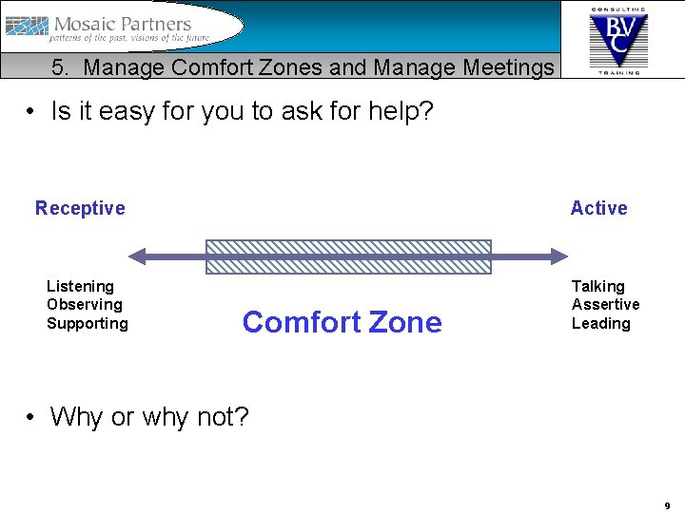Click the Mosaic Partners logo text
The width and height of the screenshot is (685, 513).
point(122,24)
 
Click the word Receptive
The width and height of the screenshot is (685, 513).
point(80,208)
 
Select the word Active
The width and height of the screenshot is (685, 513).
point(598,208)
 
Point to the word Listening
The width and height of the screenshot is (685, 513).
point(80,286)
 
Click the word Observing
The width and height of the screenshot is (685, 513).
point(85,305)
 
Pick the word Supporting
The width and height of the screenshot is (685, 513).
point(87,323)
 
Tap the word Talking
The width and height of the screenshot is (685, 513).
point(597,286)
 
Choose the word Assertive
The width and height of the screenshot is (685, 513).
point(605,305)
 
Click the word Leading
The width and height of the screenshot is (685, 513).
point(600,323)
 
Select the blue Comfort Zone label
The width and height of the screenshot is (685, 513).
point(342,323)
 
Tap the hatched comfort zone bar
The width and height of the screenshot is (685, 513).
point(348,256)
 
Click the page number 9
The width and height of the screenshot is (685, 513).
point(667,505)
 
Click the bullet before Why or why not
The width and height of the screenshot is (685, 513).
point(32,417)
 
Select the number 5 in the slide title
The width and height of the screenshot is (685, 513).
point(59,67)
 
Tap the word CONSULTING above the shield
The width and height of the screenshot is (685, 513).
point(617,9)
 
